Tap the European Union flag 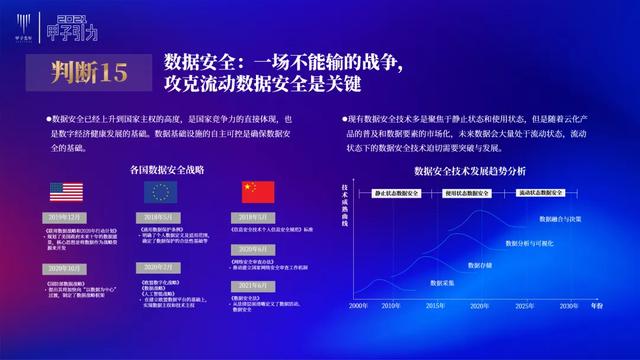tap(160, 192)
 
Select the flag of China tap(256, 192)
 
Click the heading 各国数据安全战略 tap(161, 170)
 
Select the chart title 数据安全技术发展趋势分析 tap(469, 170)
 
